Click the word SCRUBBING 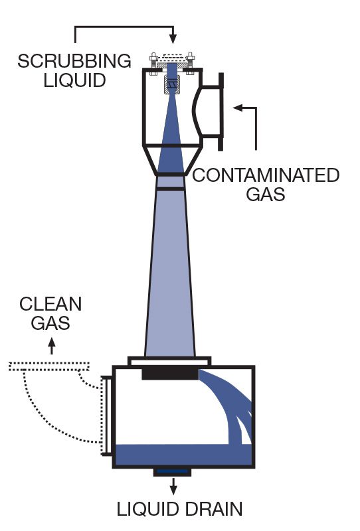(x=74, y=61)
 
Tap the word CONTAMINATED (x=266, y=176)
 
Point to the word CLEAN (x=51, y=305)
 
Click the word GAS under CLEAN (x=50, y=324)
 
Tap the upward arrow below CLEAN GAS (x=51, y=344)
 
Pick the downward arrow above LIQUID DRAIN (x=173, y=489)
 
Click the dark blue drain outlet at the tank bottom (x=173, y=471)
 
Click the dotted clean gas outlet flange (x=50, y=366)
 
